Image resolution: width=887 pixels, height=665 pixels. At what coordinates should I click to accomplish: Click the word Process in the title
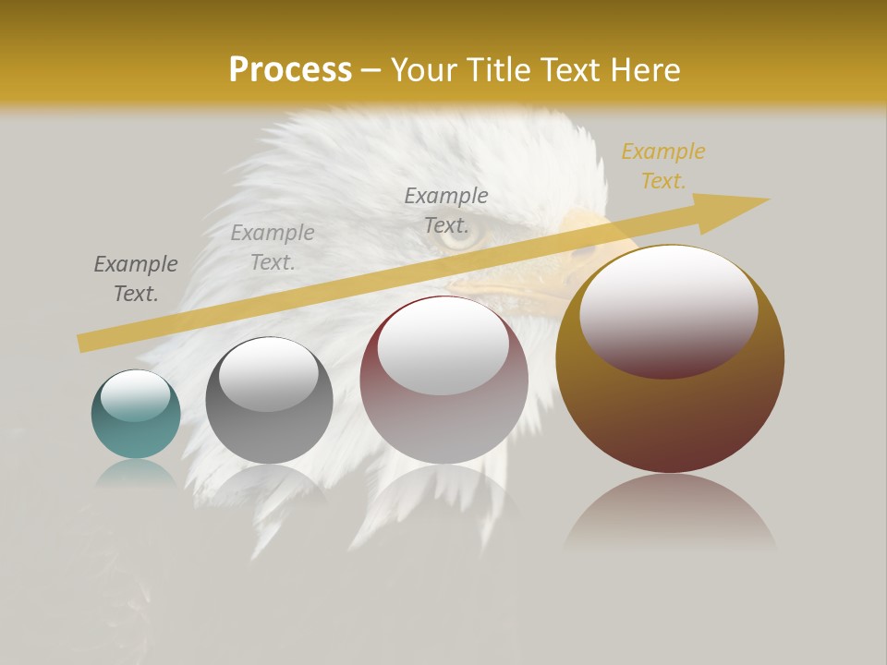(290, 70)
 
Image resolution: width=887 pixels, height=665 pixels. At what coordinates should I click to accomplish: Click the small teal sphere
(136, 415)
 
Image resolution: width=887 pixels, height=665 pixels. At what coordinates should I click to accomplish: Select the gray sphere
(269, 401)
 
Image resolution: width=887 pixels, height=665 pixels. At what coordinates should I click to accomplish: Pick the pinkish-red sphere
(443, 381)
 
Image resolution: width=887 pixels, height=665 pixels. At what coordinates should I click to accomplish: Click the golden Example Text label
(662, 166)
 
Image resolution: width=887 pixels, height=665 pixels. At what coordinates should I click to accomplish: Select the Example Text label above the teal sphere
(136, 279)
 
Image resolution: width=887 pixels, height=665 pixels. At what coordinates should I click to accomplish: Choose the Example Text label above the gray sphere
(273, 248)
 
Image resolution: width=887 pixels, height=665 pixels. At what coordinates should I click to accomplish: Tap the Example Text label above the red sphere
(446, 211)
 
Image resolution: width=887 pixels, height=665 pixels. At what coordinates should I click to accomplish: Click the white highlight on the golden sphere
(668, 309)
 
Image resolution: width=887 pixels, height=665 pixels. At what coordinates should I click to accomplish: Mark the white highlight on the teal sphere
(136, 395)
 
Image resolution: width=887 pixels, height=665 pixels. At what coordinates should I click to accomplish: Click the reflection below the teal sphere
(136, 473)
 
